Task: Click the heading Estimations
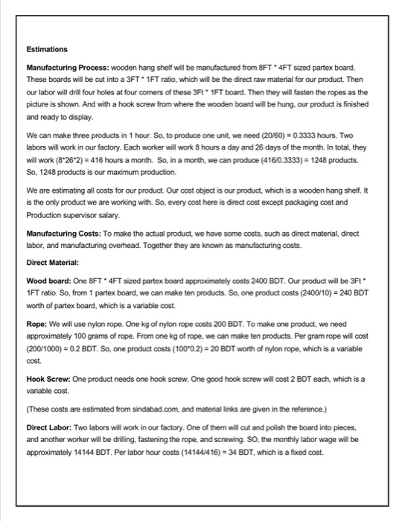[47, 49]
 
